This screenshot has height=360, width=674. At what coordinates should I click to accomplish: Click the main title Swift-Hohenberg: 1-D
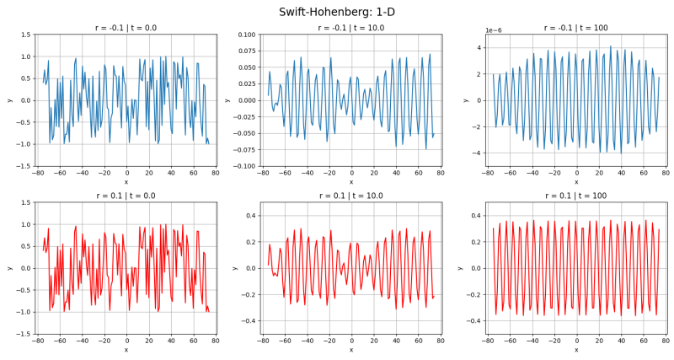[x=337, y=12]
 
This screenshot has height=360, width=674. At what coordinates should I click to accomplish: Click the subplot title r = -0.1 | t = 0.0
[x=126, y=28]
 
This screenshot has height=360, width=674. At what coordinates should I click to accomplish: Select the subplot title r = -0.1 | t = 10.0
[x=351, y=28]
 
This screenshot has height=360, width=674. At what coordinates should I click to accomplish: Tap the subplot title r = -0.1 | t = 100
[x=576, y=28]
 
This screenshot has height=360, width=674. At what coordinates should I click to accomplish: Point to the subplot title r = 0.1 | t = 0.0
[x=126, y=196]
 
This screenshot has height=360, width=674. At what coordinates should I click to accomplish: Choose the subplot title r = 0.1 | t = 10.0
[x=351, y=196]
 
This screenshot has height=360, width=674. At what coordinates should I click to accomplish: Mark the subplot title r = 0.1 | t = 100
[x=576, y=196]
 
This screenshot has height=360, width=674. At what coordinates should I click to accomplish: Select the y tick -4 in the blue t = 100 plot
[x=475, y=153]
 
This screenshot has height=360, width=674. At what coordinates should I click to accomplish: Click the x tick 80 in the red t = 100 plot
[x=666, y=341]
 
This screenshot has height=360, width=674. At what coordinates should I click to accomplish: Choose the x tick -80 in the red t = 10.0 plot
[x=262, y=341]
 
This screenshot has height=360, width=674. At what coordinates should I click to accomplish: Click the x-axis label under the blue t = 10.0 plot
[x=351, y=182]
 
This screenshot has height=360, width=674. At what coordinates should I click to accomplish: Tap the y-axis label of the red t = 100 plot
[x=460, y=268]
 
